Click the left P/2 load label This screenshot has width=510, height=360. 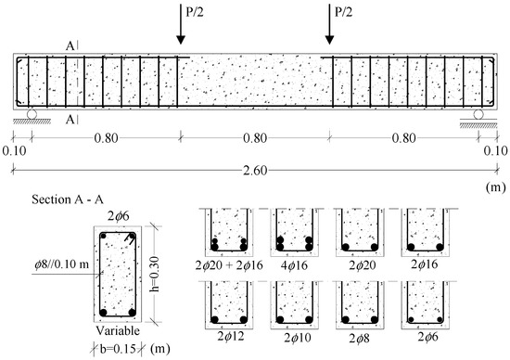[196, 12]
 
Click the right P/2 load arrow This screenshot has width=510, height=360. [329, 24]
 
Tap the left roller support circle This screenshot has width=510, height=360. [32, 114]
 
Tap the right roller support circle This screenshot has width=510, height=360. [478, 114]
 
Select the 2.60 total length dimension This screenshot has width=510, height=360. [255, 170]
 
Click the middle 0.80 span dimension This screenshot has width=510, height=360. [255, 138]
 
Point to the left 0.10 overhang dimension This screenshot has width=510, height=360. [14, 151]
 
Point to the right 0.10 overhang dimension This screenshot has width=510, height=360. [495, 151]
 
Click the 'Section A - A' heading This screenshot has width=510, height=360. [68, 199]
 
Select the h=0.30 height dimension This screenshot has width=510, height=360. [156, 274]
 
